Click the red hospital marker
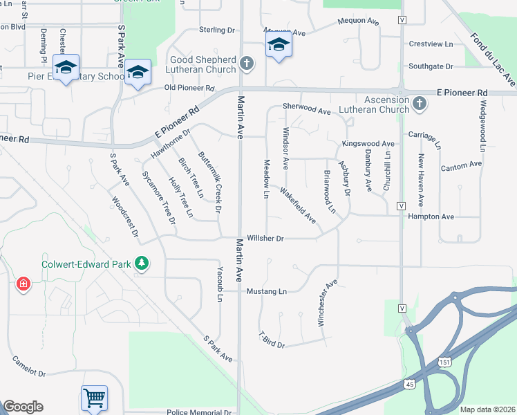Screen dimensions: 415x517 (23, 284)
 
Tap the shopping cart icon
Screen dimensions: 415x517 (94, 398)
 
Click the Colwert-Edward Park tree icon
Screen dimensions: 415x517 (142, 264)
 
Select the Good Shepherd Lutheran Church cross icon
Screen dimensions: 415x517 (246, 65)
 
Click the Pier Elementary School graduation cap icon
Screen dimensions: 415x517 (66, 68)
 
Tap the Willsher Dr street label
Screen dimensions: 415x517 (266, 239)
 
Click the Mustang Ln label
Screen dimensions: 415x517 (267, 291)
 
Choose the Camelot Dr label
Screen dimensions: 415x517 (28, 367)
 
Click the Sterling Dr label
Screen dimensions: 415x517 (217, 30)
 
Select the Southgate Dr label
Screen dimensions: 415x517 (430, 66)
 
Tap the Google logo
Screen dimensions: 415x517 (23, 407)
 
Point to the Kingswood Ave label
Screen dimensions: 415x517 (368, 144)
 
